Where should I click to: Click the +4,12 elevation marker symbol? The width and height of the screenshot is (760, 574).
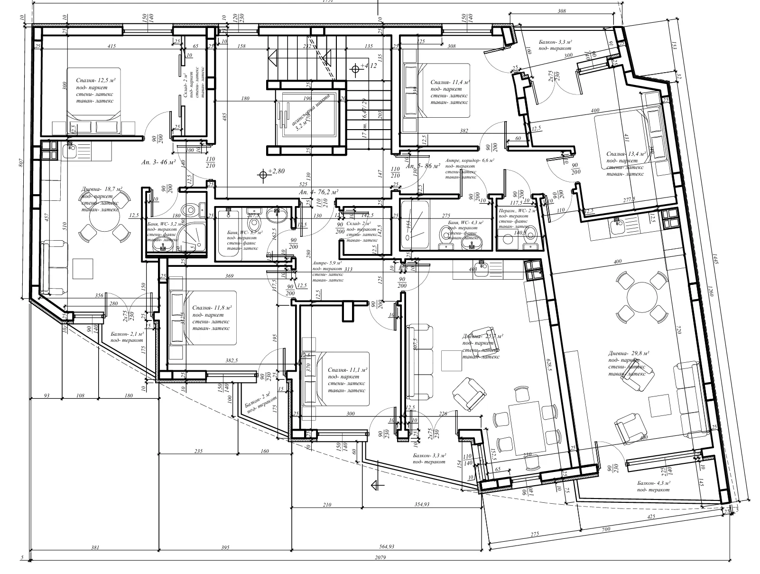click(x=355, y=69)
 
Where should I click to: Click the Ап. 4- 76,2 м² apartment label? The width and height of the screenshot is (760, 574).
click(x=318, y=192)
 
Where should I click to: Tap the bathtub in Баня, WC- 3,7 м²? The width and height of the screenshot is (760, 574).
click(x=229, y=235)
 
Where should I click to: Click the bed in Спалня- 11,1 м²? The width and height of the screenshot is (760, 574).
click(x=335, y=378)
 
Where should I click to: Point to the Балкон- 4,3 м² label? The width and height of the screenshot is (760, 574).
click(x=653, y=486)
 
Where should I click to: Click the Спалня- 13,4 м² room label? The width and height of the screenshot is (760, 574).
click(x=626, y=154)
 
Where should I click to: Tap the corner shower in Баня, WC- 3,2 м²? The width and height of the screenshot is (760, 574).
click(x=194, y=236)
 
